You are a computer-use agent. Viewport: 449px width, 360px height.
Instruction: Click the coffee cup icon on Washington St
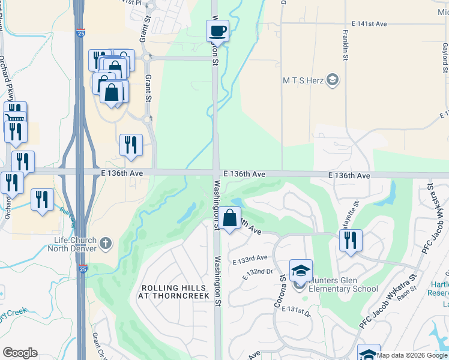(x=217, y=31)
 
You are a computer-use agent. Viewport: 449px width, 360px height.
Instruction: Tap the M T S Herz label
(x=303, y=80)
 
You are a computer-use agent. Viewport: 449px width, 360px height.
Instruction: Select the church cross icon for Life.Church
(x=106, y=243)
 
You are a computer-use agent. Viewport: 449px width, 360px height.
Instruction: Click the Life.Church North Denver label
(x=76, y=244)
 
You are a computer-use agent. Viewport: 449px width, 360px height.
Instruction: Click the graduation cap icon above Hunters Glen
(x=301, y=271)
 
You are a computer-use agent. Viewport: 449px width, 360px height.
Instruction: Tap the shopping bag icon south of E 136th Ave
(x=229, y=217)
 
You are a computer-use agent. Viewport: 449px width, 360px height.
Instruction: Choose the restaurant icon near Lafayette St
(x=351, y=240)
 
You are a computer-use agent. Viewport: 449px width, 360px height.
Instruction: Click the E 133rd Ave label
(x=254, y=258)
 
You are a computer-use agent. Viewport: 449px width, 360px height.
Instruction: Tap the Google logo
(x=20, y=353)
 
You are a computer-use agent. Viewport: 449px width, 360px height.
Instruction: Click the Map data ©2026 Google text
(x=412, y=355)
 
